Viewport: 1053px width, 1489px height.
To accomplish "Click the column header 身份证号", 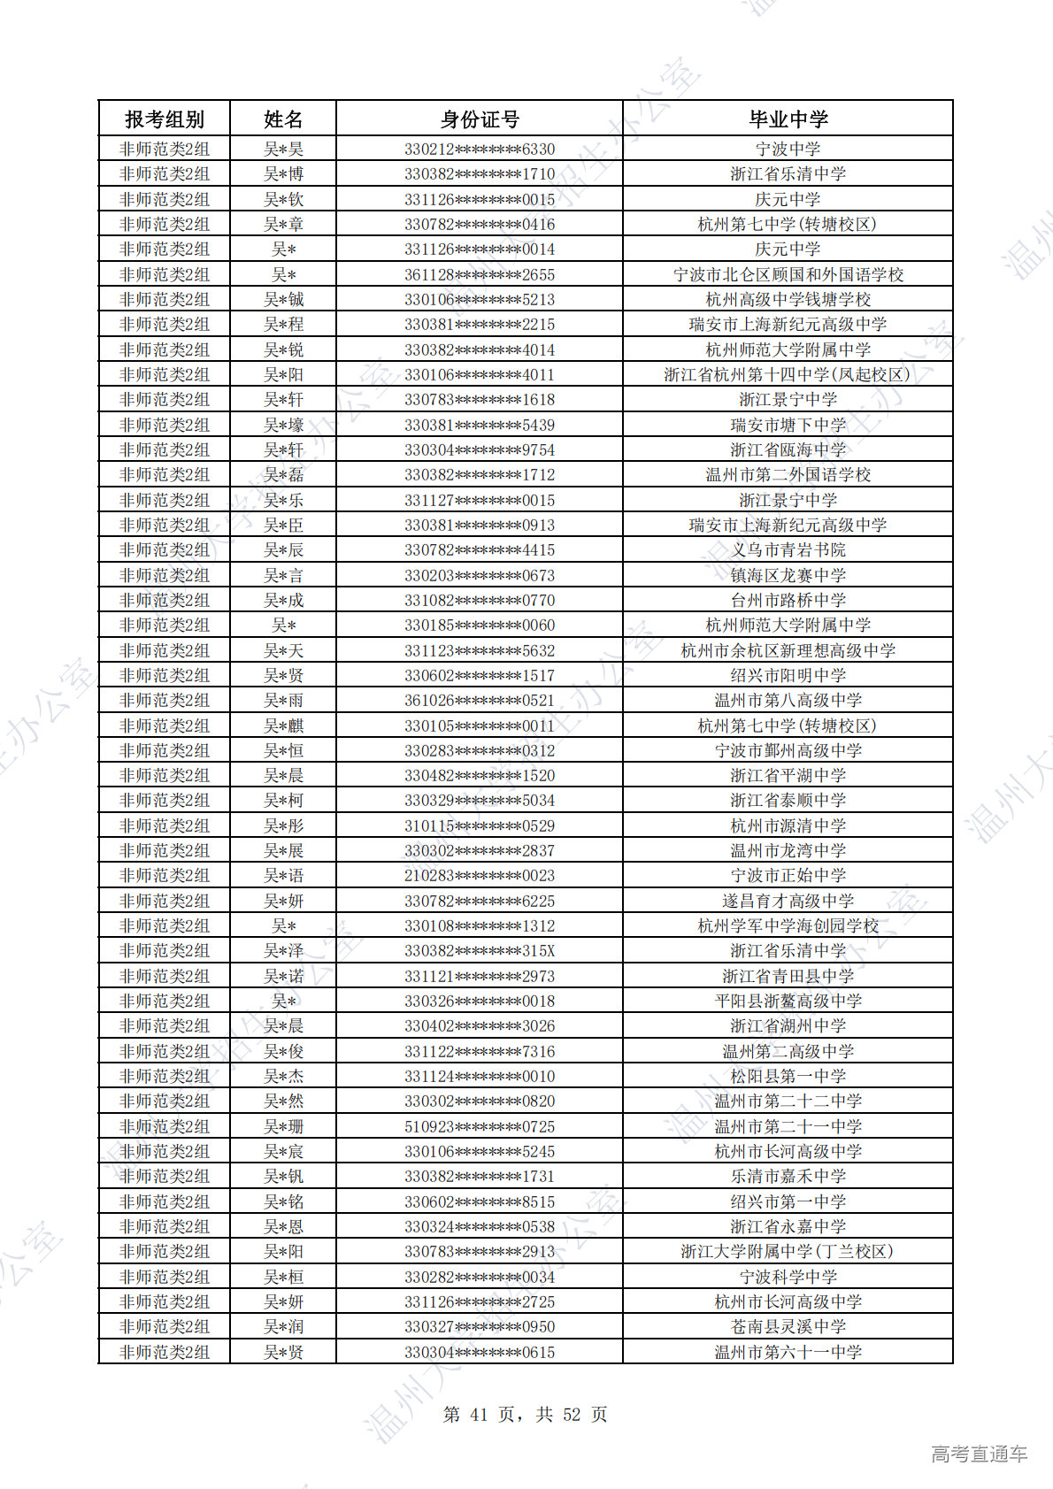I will [480, 119].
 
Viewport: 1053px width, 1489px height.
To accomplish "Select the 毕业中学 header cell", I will [788, 119].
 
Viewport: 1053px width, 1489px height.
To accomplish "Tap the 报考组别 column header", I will [165, 119].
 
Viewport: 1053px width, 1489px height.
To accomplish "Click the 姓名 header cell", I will [283, 119].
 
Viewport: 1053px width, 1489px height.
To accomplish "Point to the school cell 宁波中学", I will [788, 149].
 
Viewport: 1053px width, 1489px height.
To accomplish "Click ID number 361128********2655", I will [480, 274].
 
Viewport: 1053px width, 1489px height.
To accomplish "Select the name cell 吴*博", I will [283, 174].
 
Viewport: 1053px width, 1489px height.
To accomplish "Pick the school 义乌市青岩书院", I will [788, 550].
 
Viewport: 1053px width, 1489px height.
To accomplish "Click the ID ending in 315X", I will [480, 951].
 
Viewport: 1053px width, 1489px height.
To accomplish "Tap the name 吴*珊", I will [283, 1126].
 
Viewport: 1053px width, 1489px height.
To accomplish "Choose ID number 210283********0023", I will [480, 876].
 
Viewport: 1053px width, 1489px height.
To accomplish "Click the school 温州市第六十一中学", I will [788, 1352].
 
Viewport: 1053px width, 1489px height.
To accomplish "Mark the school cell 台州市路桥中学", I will [788, 600].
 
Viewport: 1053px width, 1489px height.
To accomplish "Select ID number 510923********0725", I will [480, 1126].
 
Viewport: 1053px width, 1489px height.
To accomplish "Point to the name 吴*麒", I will [283, 725].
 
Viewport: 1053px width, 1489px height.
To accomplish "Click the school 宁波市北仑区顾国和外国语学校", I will [788, 274].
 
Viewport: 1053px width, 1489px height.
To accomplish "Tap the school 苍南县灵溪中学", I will [788, 1327].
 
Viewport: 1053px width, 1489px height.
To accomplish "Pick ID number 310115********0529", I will [480, 825].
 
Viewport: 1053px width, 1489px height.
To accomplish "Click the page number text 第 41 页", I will [479, 1415].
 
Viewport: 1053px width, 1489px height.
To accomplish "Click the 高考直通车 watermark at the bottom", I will [979, 1454].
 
